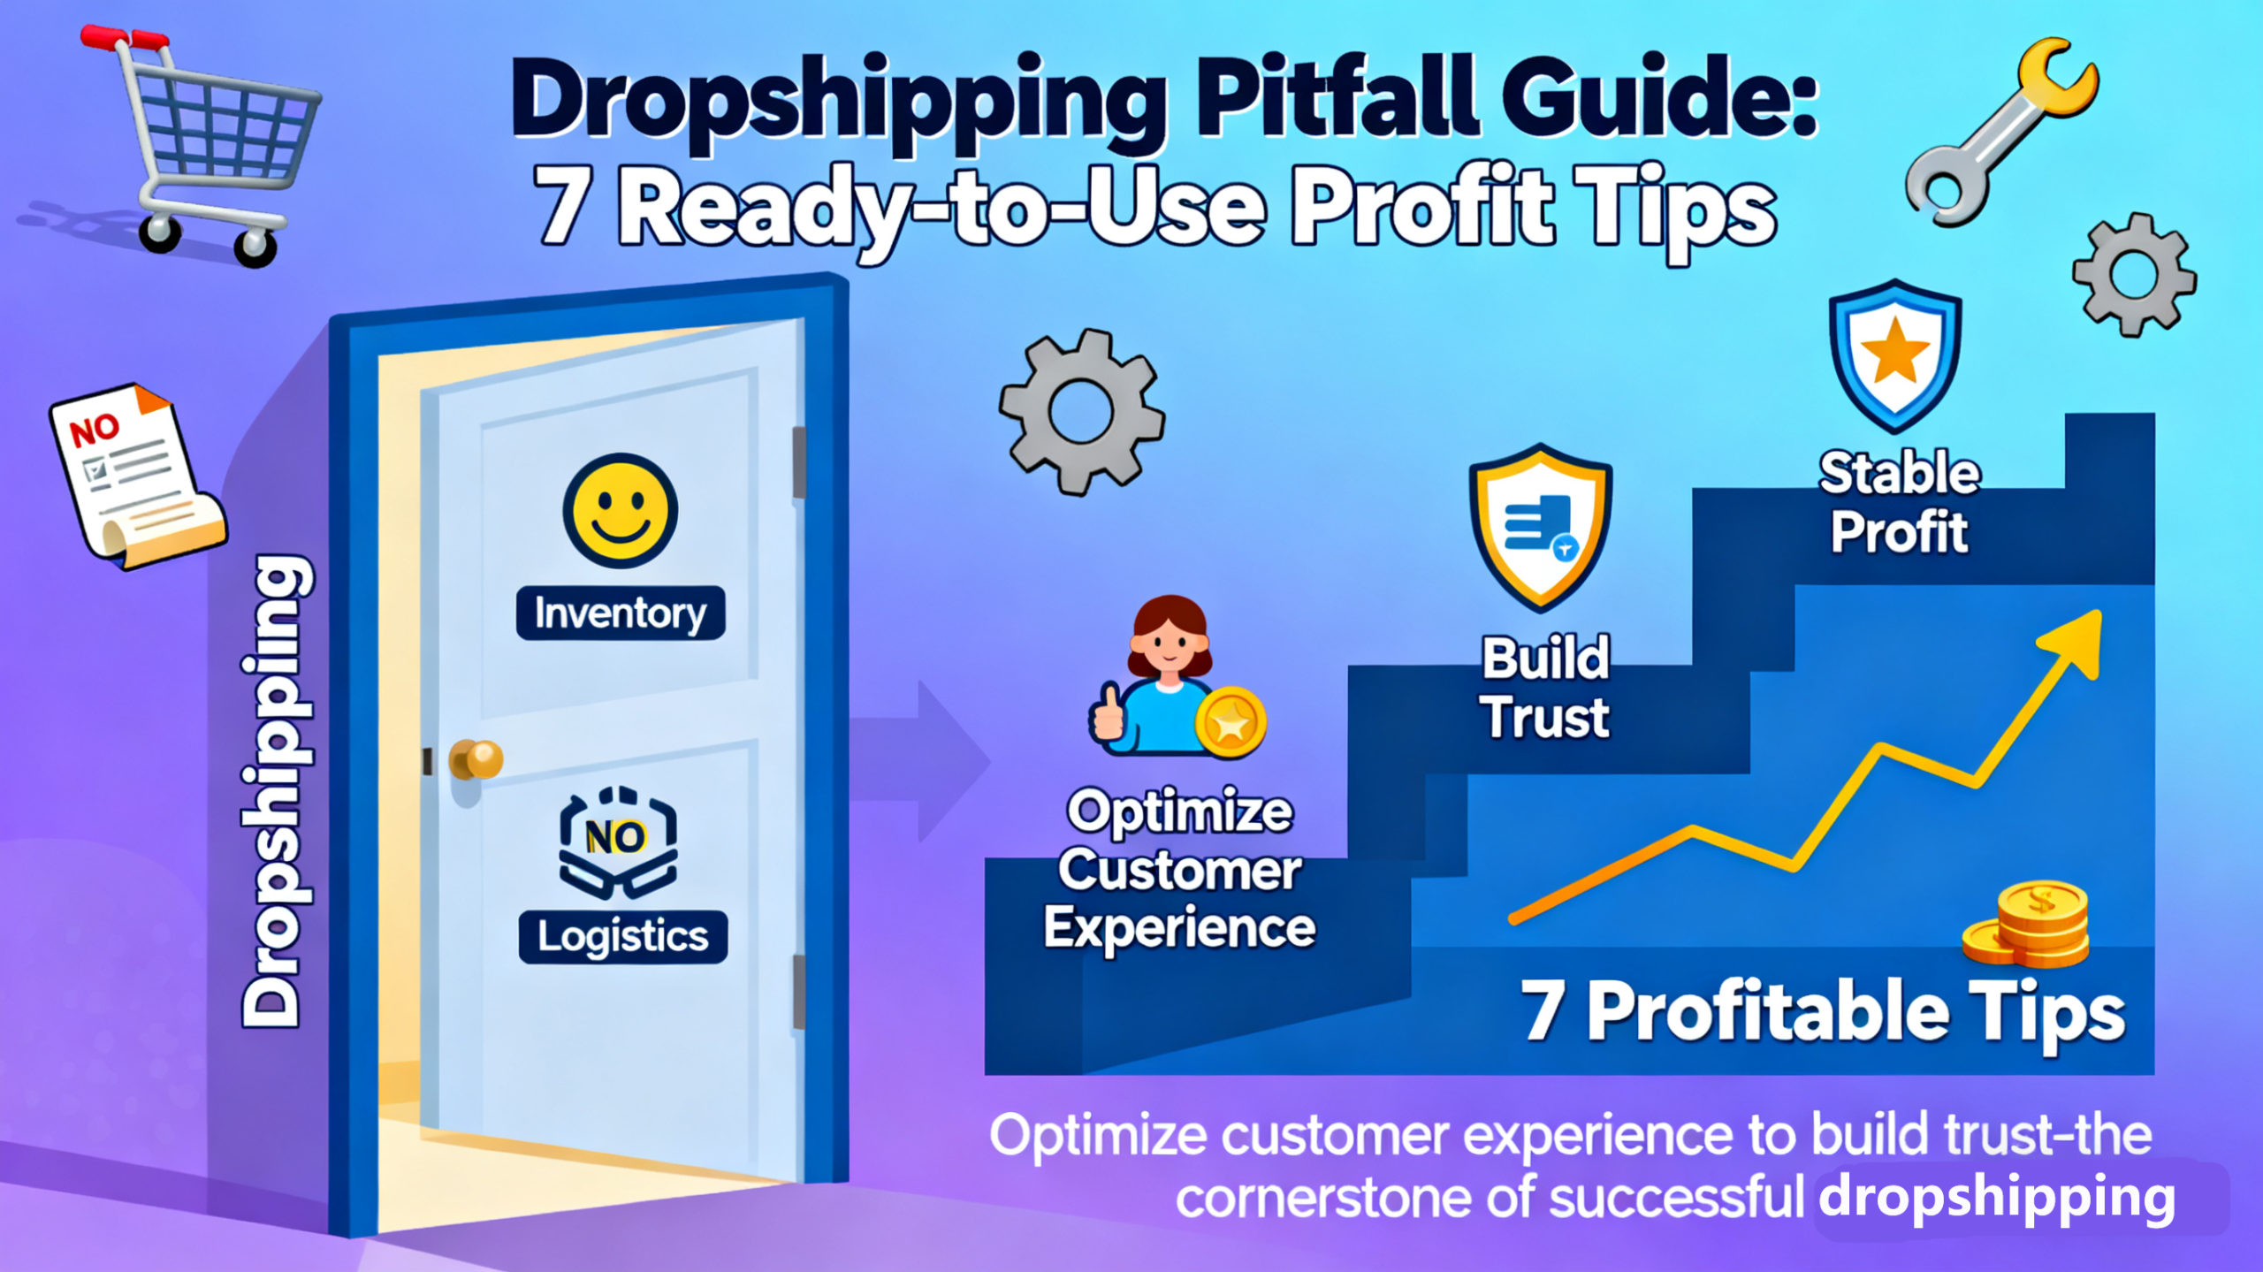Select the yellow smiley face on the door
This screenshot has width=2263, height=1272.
pyautogui.click(x=621, y=510)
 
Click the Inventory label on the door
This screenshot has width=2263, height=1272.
pyautogui.click(x=621, y=613)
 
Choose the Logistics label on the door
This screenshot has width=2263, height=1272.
pyautogui.click(x=623, y=936)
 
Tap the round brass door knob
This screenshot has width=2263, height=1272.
pyautogui.click(x=477, y=758)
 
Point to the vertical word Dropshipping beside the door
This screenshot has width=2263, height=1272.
pyautogui.click(x=277, y=791)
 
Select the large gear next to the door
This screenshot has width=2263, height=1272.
pyautogui.click(x=1081, y=412)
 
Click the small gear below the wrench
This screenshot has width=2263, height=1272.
pyautogui.click(x=2134, y=275)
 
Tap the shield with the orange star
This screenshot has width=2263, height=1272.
pyautogui.click(x=1895, y=356)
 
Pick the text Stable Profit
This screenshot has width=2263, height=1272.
pyautogui.click(x=1900, y=502)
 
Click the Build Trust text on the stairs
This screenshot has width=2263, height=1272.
pyautogui.click(x=1546, y=687)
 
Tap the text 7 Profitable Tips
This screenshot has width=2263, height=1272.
pyautogui.click(x=1823, y=1011)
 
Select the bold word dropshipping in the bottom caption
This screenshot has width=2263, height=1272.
pyautogui.click(x=1997, y=1198)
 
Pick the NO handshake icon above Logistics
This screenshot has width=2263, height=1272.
pyautogui.click(x=618, y=842)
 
